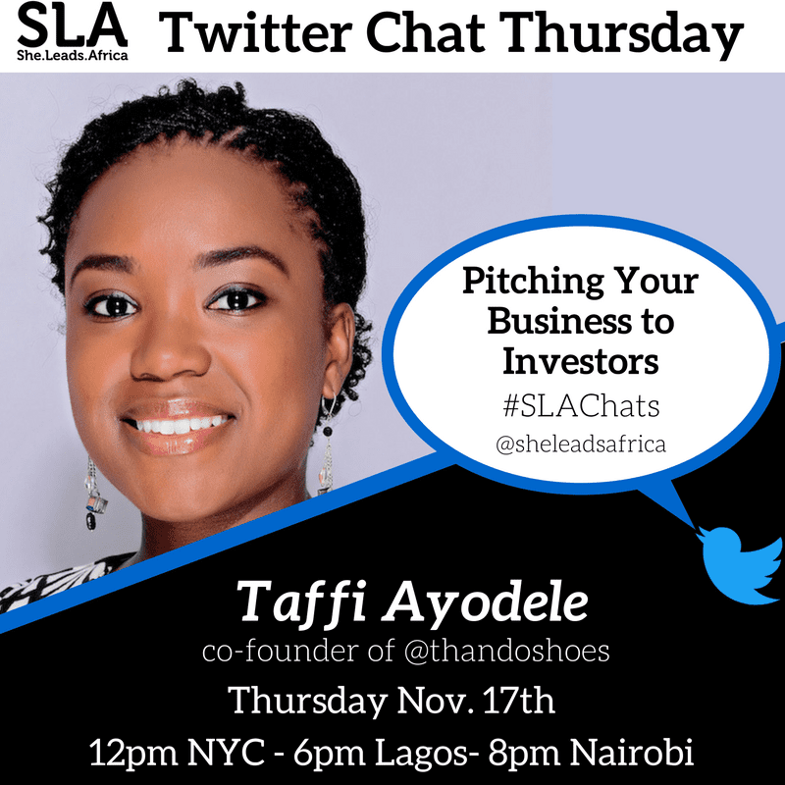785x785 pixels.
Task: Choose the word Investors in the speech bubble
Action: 580,361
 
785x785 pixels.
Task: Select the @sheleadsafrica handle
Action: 581,444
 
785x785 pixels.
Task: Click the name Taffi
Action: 294,598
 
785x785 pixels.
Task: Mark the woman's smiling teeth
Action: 178,423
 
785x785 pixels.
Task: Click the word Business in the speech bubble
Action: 581,322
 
